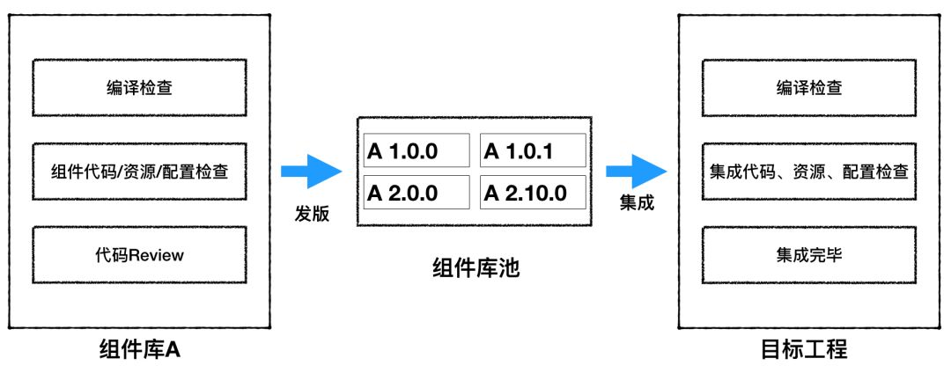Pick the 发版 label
313,213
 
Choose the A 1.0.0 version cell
415,150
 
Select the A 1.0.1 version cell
533,150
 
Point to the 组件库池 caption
476,267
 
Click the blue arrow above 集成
637,171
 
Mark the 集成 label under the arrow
637,202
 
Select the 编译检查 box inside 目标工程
808,86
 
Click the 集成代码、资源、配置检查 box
808,171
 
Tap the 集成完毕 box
808,255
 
